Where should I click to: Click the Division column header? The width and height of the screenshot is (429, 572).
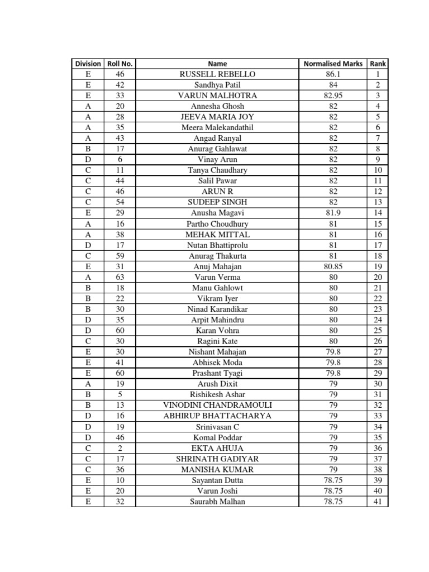pyautogui.click(x=88, y=64)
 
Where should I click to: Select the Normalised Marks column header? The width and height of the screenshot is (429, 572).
pyautogui.click(x=333, y=64)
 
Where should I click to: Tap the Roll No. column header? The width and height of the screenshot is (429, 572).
pyautogui.click(x=120, y=64)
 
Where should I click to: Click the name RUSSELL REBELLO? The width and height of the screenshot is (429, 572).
pyautogui.click(x=217, y=74)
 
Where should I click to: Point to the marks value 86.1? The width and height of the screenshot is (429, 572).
pyautogui.click(x=333, y=74)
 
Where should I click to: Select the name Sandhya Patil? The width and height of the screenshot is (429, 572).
pyautogui.click(x=217, y=85)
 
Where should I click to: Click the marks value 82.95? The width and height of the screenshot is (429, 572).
pyautogui.click(x=333, y=96)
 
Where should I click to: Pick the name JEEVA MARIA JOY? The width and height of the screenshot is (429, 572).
pyautogui.click(x=217, y=117)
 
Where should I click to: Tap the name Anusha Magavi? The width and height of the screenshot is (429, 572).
pyautogui.click(x=217, y=213)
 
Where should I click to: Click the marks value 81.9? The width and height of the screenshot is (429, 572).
pyautogui.click(x=333, y=213)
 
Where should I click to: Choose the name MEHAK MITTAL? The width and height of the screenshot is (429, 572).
pyautogui.click(x=217, y=235)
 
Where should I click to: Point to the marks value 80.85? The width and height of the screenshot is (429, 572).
pyautogui.click(x=333, y=266)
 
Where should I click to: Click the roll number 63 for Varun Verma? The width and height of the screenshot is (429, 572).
pyautogui.click(x=120, y=277)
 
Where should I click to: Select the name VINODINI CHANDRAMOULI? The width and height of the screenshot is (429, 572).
pyautogui.click(x=217, y=405)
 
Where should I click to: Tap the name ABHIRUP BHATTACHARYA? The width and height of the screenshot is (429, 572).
pyautogui.click(x=217, y=416)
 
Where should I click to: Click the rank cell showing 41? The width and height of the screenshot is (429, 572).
pyautogui.click(x=378, y=502)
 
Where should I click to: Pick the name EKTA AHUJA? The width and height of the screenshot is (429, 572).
pyautogui.click(x=217, y=448)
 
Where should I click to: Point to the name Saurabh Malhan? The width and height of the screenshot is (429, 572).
pyautogui.click(x=217, y=502)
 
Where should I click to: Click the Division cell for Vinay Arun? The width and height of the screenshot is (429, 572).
pyautogui.click(x=88, y=160)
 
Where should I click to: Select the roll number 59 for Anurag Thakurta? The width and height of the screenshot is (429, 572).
pyautogui.click(x=120, y=256)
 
